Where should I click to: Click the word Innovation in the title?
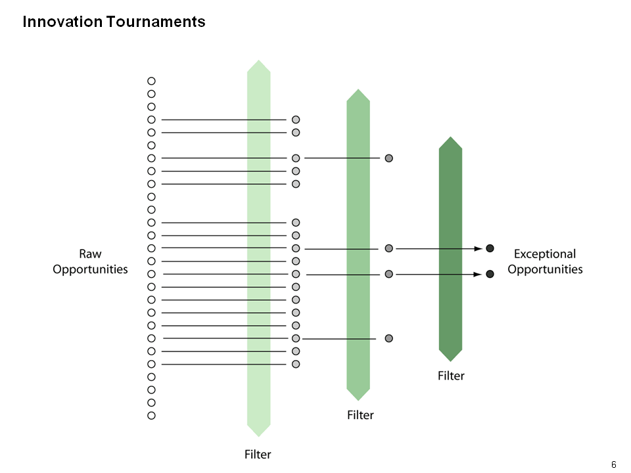click(62, 22)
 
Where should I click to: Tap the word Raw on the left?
click(90, 254)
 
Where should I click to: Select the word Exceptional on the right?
click(545, 254)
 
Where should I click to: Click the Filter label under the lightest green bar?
click(258, 455)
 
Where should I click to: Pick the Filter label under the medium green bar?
click(360, 415)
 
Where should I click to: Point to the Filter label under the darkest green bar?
click(451, 376)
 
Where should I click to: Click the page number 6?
click(614, 464)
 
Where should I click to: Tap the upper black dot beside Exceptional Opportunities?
click(490, 248)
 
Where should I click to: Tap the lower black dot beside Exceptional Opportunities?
click(490, 274)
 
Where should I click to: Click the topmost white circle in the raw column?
click(151, 81)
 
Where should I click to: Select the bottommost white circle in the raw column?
click(151, 415)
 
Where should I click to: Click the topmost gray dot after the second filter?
click(388, 158)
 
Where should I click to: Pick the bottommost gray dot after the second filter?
click(388, 338)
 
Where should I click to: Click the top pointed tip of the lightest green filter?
click(259, 60)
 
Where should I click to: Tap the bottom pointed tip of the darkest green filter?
click(450, 361)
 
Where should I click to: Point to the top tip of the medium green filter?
click(358, 89)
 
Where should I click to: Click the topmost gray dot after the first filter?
click(296, 120)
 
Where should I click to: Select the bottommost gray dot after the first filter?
click(296, 364)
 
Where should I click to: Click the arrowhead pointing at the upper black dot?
click(479, 248)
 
